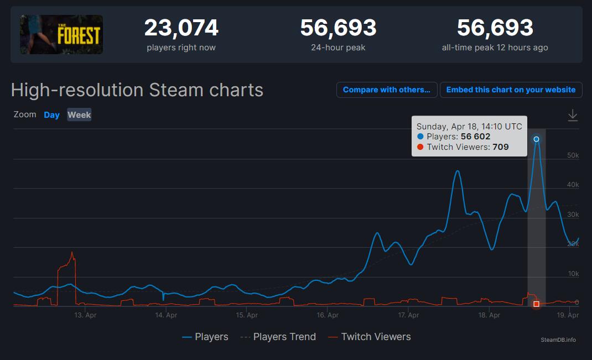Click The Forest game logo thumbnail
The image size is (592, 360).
click(61, 34)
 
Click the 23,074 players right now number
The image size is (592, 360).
click(181, 28)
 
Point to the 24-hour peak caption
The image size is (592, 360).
click(338, 48)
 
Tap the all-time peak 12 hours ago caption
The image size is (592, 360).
click(495, 48)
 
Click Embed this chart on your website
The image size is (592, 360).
click(511, 90)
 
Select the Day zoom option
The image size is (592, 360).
click(51, 115)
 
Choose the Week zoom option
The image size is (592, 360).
click(79, 115)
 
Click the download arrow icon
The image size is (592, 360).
click(573, 116)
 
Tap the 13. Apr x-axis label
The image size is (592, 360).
click(86, 315)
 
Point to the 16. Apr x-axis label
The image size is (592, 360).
click(328, 315)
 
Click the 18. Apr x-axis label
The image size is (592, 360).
click(489, 315)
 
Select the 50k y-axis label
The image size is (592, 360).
click(573, 155)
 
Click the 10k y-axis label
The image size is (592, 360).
click(573, 274)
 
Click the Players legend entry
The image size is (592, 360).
click(205, 337)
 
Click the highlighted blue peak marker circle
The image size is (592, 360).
click(536, 139)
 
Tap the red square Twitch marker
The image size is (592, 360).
click(536, 304)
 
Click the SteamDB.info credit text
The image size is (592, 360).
click(558, 340)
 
